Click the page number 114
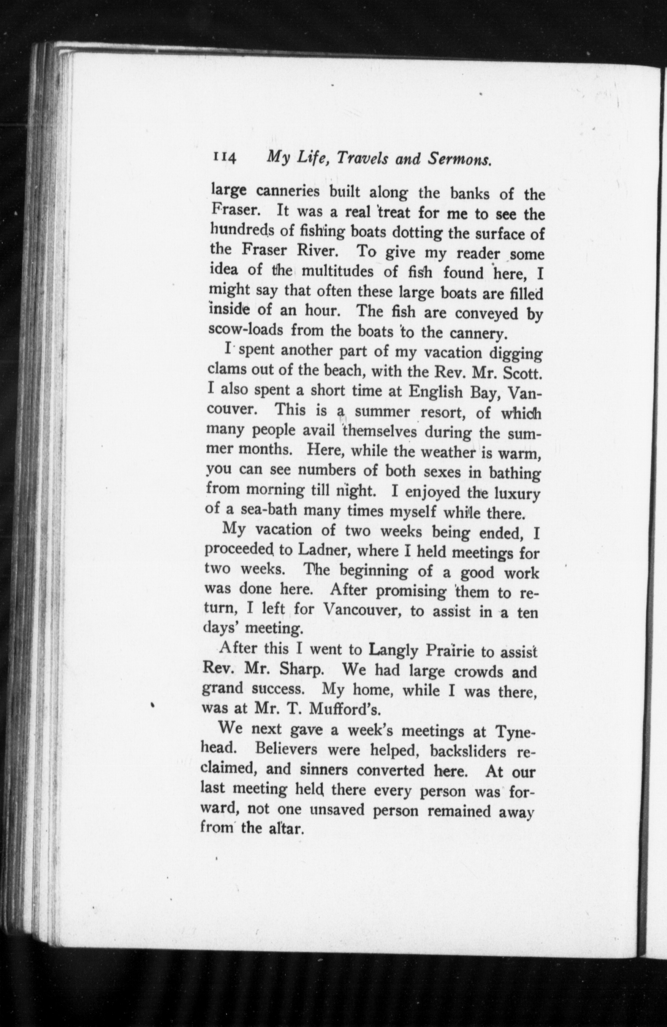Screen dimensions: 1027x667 click(x=224, y=158)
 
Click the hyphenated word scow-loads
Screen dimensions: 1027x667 click(x=246, y=330)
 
